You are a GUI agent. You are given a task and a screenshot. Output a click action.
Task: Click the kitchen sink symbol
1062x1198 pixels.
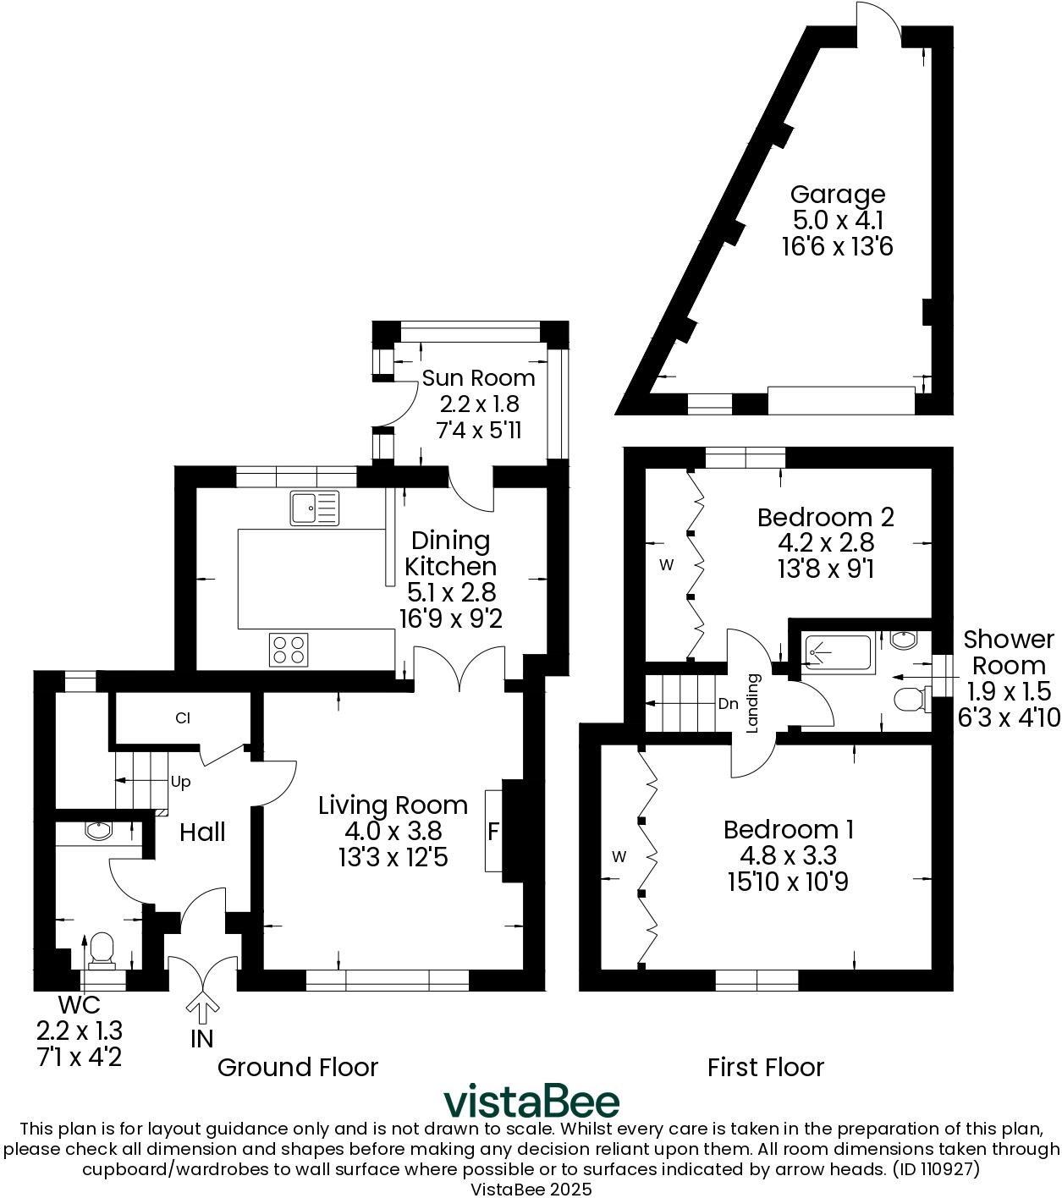(x=314, y=508)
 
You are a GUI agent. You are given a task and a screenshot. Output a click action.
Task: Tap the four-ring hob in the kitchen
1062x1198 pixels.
(x=289, y=649)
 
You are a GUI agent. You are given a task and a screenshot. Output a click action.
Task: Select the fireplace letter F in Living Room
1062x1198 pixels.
(x=493, y=832)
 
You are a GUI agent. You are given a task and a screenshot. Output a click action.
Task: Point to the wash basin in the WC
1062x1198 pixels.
(x=99, y=830)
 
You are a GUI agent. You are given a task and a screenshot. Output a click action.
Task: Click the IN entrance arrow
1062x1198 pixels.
(x=201, y=1008)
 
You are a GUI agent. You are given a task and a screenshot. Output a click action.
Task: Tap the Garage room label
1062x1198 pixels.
(x=838, y=195)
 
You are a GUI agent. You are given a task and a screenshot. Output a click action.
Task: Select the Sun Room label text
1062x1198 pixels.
(x=479, y=377)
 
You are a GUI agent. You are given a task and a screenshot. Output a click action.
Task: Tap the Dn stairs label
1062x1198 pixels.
(x=728, y=703)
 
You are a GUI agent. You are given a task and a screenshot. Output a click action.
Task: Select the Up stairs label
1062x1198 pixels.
(x=180, y=782)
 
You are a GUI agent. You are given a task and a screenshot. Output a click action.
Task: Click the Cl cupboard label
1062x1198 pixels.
(x=182, y=718)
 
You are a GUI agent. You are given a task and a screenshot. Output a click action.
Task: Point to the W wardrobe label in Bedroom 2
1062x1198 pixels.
(x=667, y=565)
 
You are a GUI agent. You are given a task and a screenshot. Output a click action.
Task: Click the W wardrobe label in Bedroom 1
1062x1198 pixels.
(x=619, y=857)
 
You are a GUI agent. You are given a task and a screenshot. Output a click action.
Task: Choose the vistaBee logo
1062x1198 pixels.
(x=531, y=1102)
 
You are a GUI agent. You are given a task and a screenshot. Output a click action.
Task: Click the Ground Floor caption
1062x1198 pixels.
(x=297, y=1067)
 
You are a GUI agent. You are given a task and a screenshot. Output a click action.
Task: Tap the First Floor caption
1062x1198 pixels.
(x=765, y=1067)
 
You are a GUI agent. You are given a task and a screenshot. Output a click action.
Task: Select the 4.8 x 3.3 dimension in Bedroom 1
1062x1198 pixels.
(x=788, y=856)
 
